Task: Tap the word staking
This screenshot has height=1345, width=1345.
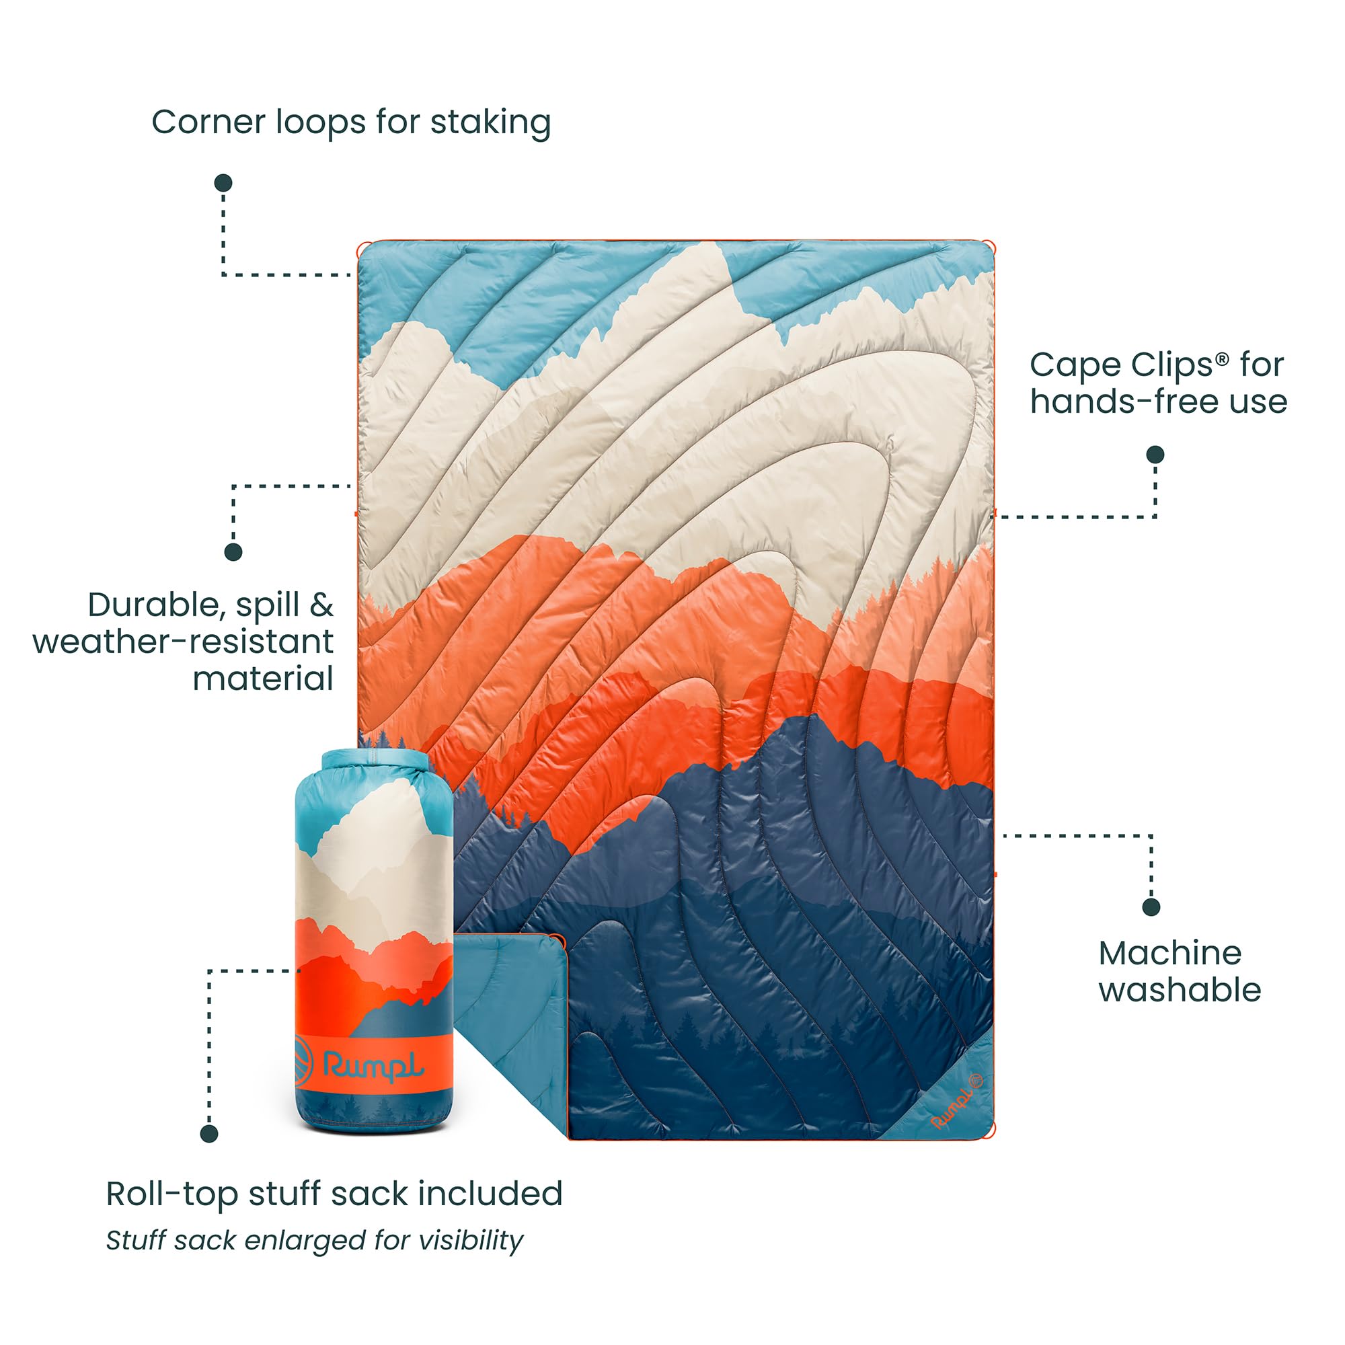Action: tap(490, 123)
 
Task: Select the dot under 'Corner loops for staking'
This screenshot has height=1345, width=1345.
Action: tap(223, 183)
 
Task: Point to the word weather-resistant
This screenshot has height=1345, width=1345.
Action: tap(183, 642)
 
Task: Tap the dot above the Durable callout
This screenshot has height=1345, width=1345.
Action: tap(233, 552)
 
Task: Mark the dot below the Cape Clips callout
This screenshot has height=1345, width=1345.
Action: tap(1155, 455)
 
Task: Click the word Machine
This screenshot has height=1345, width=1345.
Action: tap(1169, 953)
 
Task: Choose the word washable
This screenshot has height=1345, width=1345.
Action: tap(1180, 989)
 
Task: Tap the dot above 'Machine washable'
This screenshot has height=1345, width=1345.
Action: tap(1151, 907)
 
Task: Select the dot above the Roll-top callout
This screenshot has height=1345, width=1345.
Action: tap(209, 1134)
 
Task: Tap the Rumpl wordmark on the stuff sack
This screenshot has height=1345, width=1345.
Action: tap(374, 1066)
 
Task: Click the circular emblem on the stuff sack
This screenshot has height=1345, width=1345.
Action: tap(304, 1061)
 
